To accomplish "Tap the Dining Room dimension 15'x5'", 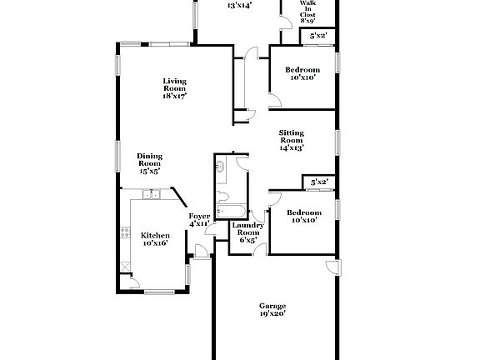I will tap(150, 170).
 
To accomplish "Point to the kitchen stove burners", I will tap(126, 234).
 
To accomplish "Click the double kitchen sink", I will tap(151, 195).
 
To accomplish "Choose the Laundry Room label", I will tap(247, 232).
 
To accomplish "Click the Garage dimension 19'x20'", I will tap(272, 314).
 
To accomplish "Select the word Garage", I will tap(272, 306).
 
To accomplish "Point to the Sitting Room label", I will tap(291, 140).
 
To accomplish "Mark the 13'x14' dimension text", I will tap(240, 5).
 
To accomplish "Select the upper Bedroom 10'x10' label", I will tap(302, 73).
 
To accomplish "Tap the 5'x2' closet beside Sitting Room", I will tap(319, 182).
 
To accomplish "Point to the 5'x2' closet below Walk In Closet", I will tap(318, 36).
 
